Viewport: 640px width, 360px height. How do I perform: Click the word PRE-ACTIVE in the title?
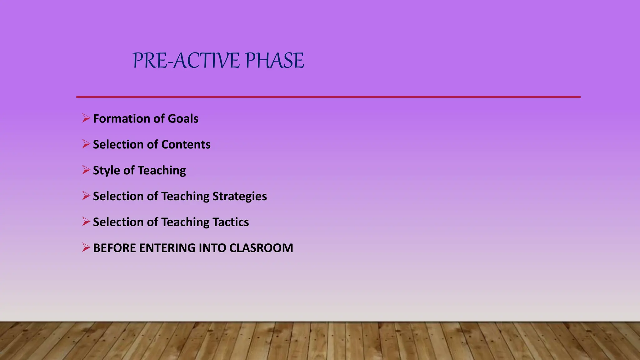pyautogui.click(x=186, y=60)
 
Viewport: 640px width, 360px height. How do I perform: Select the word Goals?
pyautogui.click(x=183, y=119)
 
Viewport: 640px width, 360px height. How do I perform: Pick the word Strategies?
pyautogui.click(x=240, y=197)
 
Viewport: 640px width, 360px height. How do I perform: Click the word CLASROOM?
pyautogui.click(x=261, y=248)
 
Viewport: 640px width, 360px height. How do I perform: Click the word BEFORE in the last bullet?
pyautogui.click(x=114, y=248)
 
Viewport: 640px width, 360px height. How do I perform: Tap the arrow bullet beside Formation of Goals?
pyautogui.click(x=86, y=118)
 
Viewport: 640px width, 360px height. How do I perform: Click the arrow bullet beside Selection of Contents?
pyautogui.click(x=86, y=144)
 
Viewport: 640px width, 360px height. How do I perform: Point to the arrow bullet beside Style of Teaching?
pyautogui.click(x=86, y=170)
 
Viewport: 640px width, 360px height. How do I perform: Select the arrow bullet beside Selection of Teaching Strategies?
pyautogui.click(x=86, y=196)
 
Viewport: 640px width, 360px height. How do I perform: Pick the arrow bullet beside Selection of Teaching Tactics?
pyautogui.click(x=86, y=222)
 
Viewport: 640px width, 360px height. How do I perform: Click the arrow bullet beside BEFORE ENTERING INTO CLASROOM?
pyautogui.click(x=86, y=247)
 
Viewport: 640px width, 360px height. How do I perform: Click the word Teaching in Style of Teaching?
pyautogui.click(x=162, y=171)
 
